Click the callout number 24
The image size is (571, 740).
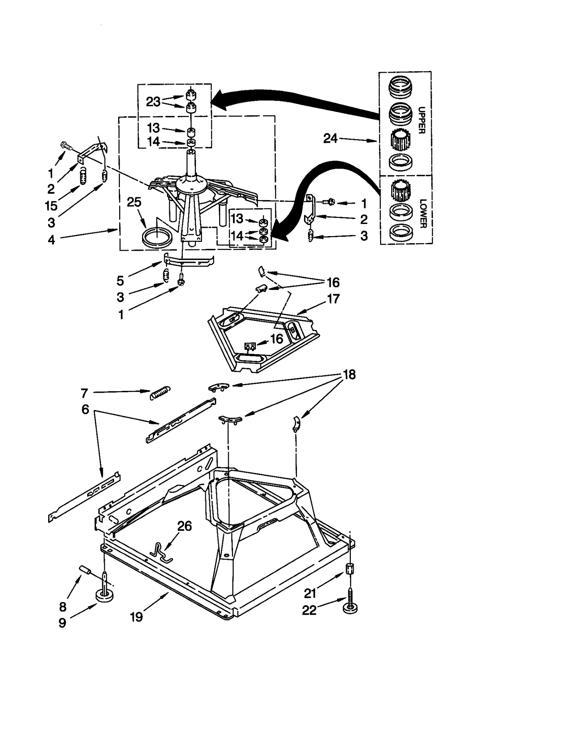(x=330, y=138)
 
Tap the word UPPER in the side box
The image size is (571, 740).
(x=421, y=120)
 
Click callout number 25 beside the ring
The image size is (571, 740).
(x=134, y=202)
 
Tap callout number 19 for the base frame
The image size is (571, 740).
(x=136, y=616)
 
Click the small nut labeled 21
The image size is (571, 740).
(x=350, y=568)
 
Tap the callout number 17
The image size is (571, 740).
(x=333, y=299)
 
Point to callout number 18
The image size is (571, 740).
(x=349, y=374)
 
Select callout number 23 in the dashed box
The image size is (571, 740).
(x=153, y=102)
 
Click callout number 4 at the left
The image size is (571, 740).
(x=51, y=240)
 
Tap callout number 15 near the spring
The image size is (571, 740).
(x=51, y=206)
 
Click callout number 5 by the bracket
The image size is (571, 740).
(x=120, y=281)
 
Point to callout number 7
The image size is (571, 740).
(x=84, y=393)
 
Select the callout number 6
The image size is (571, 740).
(x=85, y=409)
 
